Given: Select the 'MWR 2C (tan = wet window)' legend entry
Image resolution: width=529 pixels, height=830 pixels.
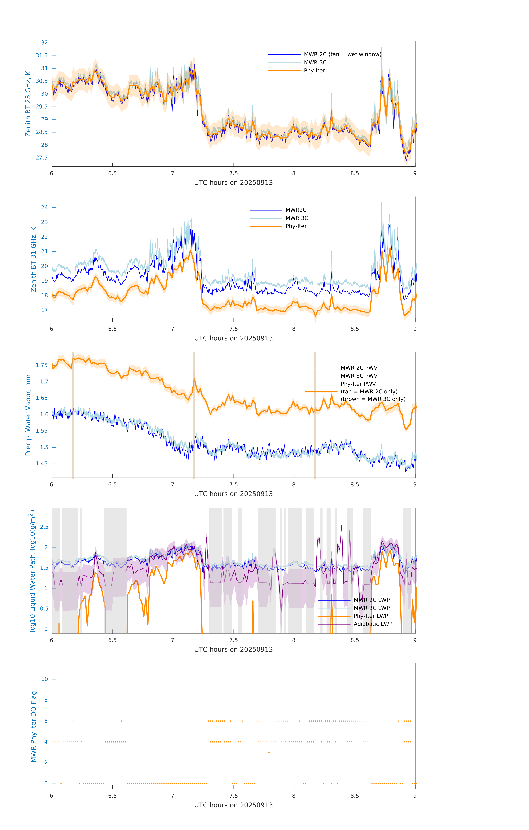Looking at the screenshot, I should [x=342, y=55].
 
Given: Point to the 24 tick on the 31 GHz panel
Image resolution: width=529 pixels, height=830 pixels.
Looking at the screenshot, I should [x=44, y=207].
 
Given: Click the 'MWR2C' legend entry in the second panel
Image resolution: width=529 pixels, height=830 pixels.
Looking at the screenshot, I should [x=296, y=210].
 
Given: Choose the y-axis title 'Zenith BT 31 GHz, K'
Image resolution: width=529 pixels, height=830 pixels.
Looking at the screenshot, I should [x=33, y=259].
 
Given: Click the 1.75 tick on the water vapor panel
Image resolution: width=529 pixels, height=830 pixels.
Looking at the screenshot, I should [x=42, y=365].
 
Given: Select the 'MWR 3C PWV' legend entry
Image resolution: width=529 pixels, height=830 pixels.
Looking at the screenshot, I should [x=359, y=376].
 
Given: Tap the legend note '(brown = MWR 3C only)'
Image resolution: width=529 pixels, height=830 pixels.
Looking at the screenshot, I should [x=373, y=399].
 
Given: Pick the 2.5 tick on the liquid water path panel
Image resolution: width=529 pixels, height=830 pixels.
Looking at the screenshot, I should [x=44, y=527].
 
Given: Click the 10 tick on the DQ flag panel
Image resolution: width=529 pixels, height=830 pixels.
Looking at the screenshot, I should [x=44, y=679].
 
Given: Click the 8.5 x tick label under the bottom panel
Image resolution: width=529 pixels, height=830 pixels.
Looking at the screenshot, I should [x=355, y=796].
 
